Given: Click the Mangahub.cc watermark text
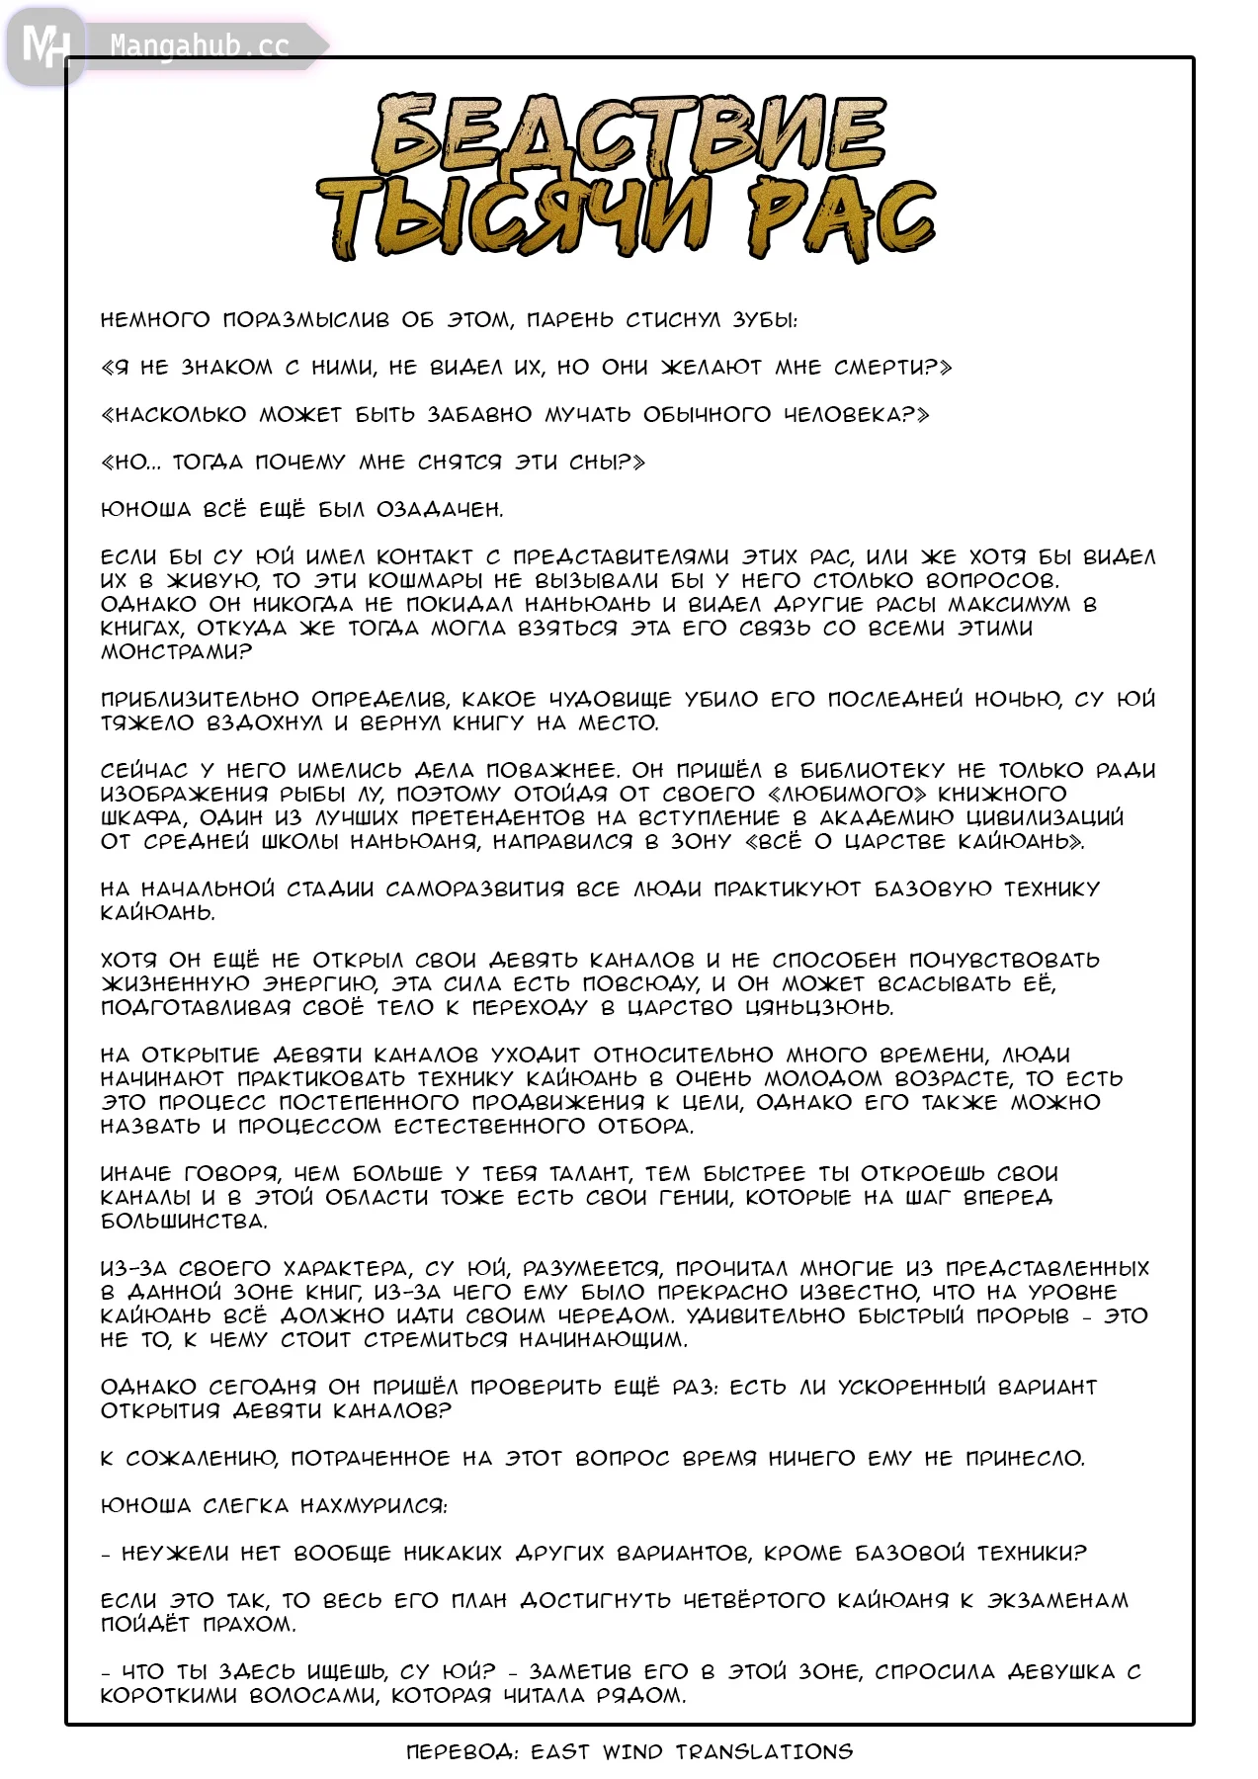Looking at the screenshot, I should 200,45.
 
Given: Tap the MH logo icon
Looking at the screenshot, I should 44,45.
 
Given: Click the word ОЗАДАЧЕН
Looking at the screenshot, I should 440,510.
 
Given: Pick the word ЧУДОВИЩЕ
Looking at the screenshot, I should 610,700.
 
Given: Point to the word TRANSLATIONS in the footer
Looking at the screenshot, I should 764,1752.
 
